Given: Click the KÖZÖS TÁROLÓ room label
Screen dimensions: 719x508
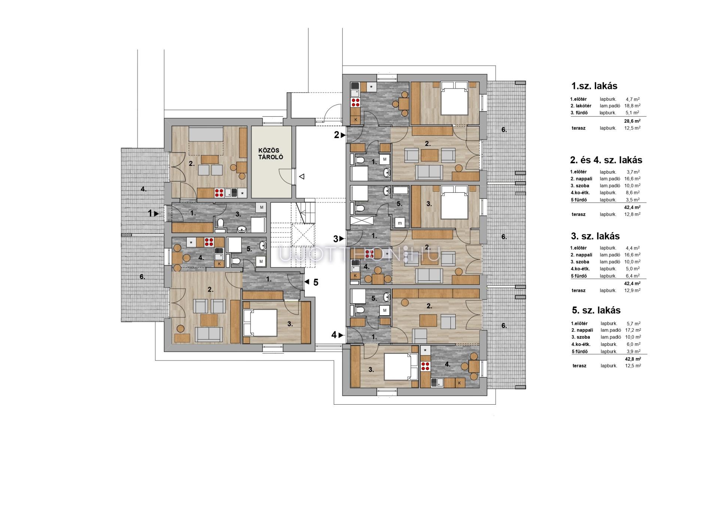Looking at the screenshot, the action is click(271, 153).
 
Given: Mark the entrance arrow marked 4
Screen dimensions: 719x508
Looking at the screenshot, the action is click(341, 335).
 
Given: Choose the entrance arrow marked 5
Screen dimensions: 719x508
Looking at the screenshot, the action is click(307, 282).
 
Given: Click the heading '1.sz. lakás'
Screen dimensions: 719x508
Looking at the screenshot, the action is click(594, 86).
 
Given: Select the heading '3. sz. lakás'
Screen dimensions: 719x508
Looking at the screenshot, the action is click(595, 236).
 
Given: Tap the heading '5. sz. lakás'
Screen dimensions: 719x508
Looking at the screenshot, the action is click(596, 310).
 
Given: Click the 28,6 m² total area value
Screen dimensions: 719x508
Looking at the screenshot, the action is click(632, 121).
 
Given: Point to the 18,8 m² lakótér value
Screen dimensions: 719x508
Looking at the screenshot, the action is click(632, 106).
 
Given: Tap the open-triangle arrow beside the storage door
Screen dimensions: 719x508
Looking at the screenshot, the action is click(301, 176).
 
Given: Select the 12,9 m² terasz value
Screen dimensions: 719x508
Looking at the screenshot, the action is click(632, 290).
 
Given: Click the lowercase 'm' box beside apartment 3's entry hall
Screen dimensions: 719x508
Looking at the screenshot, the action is click(400, 223).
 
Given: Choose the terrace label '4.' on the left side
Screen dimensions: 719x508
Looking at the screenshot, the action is click(144, 189).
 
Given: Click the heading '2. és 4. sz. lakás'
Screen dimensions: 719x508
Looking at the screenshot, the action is click(606, 160).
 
